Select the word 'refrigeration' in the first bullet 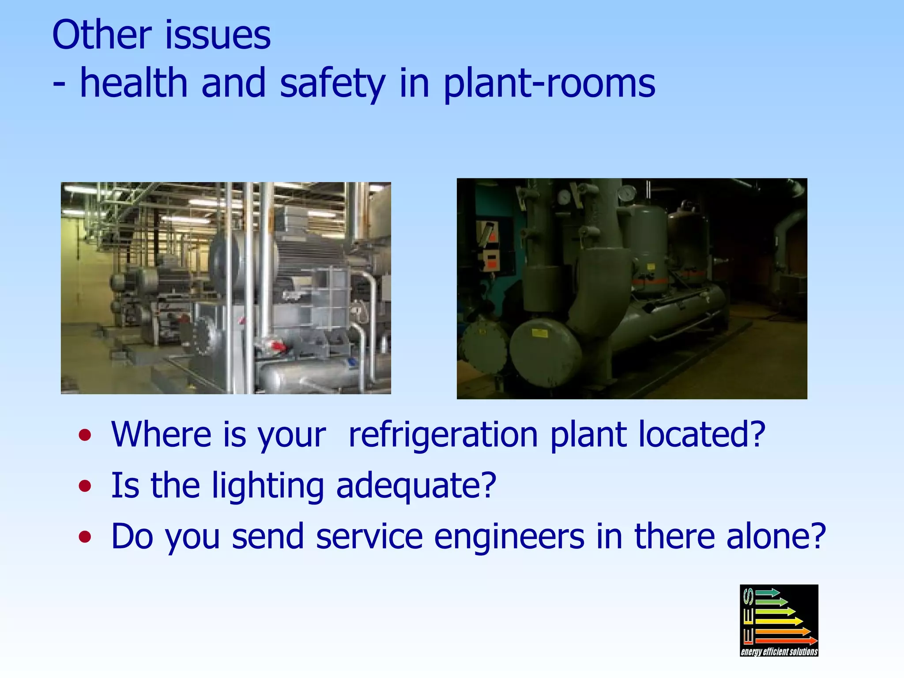[443, 435]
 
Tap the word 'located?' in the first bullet [702, 435]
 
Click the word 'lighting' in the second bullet [267, 486]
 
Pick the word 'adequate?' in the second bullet [416, 486]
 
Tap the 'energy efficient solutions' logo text [779, 652]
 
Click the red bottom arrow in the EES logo [786, 640]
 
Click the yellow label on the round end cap [539, 333]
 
